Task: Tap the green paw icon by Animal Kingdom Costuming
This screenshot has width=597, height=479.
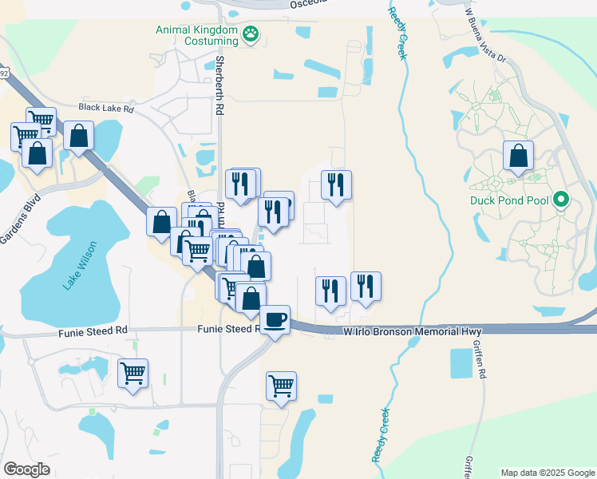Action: tap(252, 34)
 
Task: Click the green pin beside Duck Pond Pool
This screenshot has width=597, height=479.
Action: tap(561, 200)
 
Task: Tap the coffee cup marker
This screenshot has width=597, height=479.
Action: tap(275, 319)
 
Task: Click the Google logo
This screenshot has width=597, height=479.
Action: tap(26, 469)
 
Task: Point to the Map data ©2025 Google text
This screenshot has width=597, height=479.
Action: tap(547, 473)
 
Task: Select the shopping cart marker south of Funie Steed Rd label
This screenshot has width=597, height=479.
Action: tap(132, 373)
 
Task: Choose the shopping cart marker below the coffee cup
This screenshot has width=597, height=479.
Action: tap(281, 386)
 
